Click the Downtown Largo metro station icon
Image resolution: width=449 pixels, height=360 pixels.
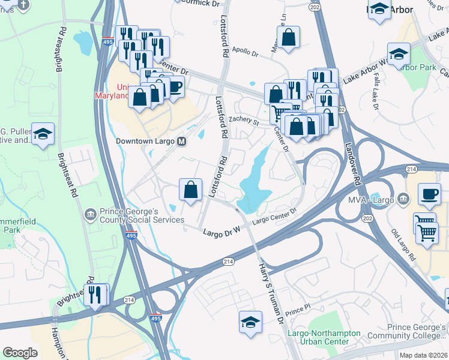point(181,142)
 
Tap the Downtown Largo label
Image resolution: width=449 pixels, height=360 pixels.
point(145,142)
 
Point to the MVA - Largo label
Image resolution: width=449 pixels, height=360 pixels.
point(371,198)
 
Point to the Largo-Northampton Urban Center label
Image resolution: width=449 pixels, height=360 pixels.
point(324,337)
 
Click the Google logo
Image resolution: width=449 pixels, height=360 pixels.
point(20,353)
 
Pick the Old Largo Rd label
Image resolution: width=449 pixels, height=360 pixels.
point(403,245)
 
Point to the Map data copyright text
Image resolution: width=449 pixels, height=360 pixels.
point(423,355)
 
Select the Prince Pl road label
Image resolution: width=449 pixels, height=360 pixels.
point(297,313)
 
